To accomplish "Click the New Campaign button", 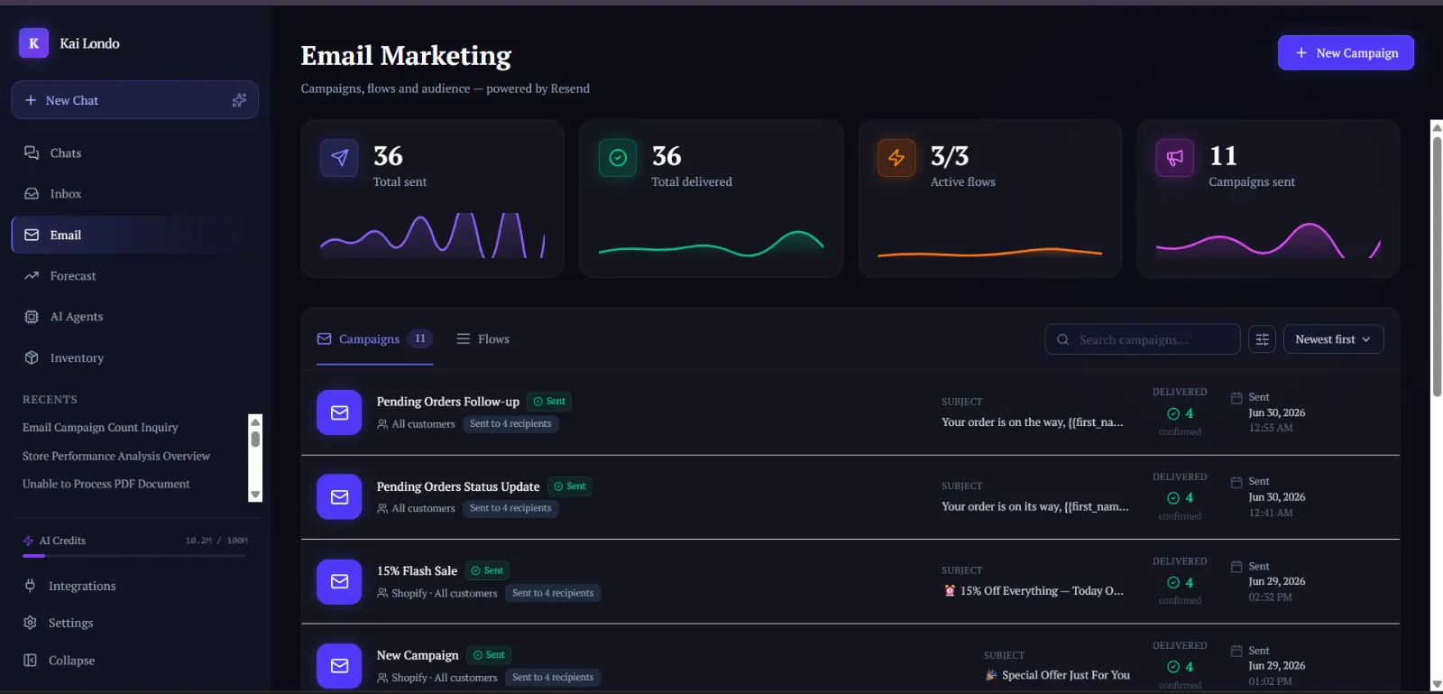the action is (x=1346, y=53).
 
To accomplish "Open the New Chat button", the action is (x=134, y=100).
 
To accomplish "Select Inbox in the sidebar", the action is (x=66, y=193).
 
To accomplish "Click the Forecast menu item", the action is (x=73, y=276).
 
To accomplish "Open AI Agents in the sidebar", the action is (x=76, y=317).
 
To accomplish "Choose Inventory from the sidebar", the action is (x=77, y=357).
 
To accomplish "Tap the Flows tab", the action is (x=483, y=339).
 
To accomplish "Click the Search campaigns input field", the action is (x=1142, y=339).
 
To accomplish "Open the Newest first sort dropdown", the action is (x=1333, y=339).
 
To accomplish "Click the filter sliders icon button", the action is (x=1262, y=339).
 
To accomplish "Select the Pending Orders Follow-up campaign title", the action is (x=447, y=402).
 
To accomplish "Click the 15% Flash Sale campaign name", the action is (x=417, y=571).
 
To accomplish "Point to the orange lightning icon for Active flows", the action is (x=896, y=158).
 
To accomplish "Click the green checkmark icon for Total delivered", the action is (x=618, y=158).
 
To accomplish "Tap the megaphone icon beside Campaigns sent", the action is (x=1174, y=158).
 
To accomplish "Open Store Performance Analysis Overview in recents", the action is (x=116, y=456).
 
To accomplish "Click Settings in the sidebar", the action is (x=71, y=623).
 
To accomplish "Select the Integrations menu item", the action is (x=82, y=586).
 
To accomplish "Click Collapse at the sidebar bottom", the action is (x=71, y=661).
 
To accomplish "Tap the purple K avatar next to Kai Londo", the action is (x=33, y=43).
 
